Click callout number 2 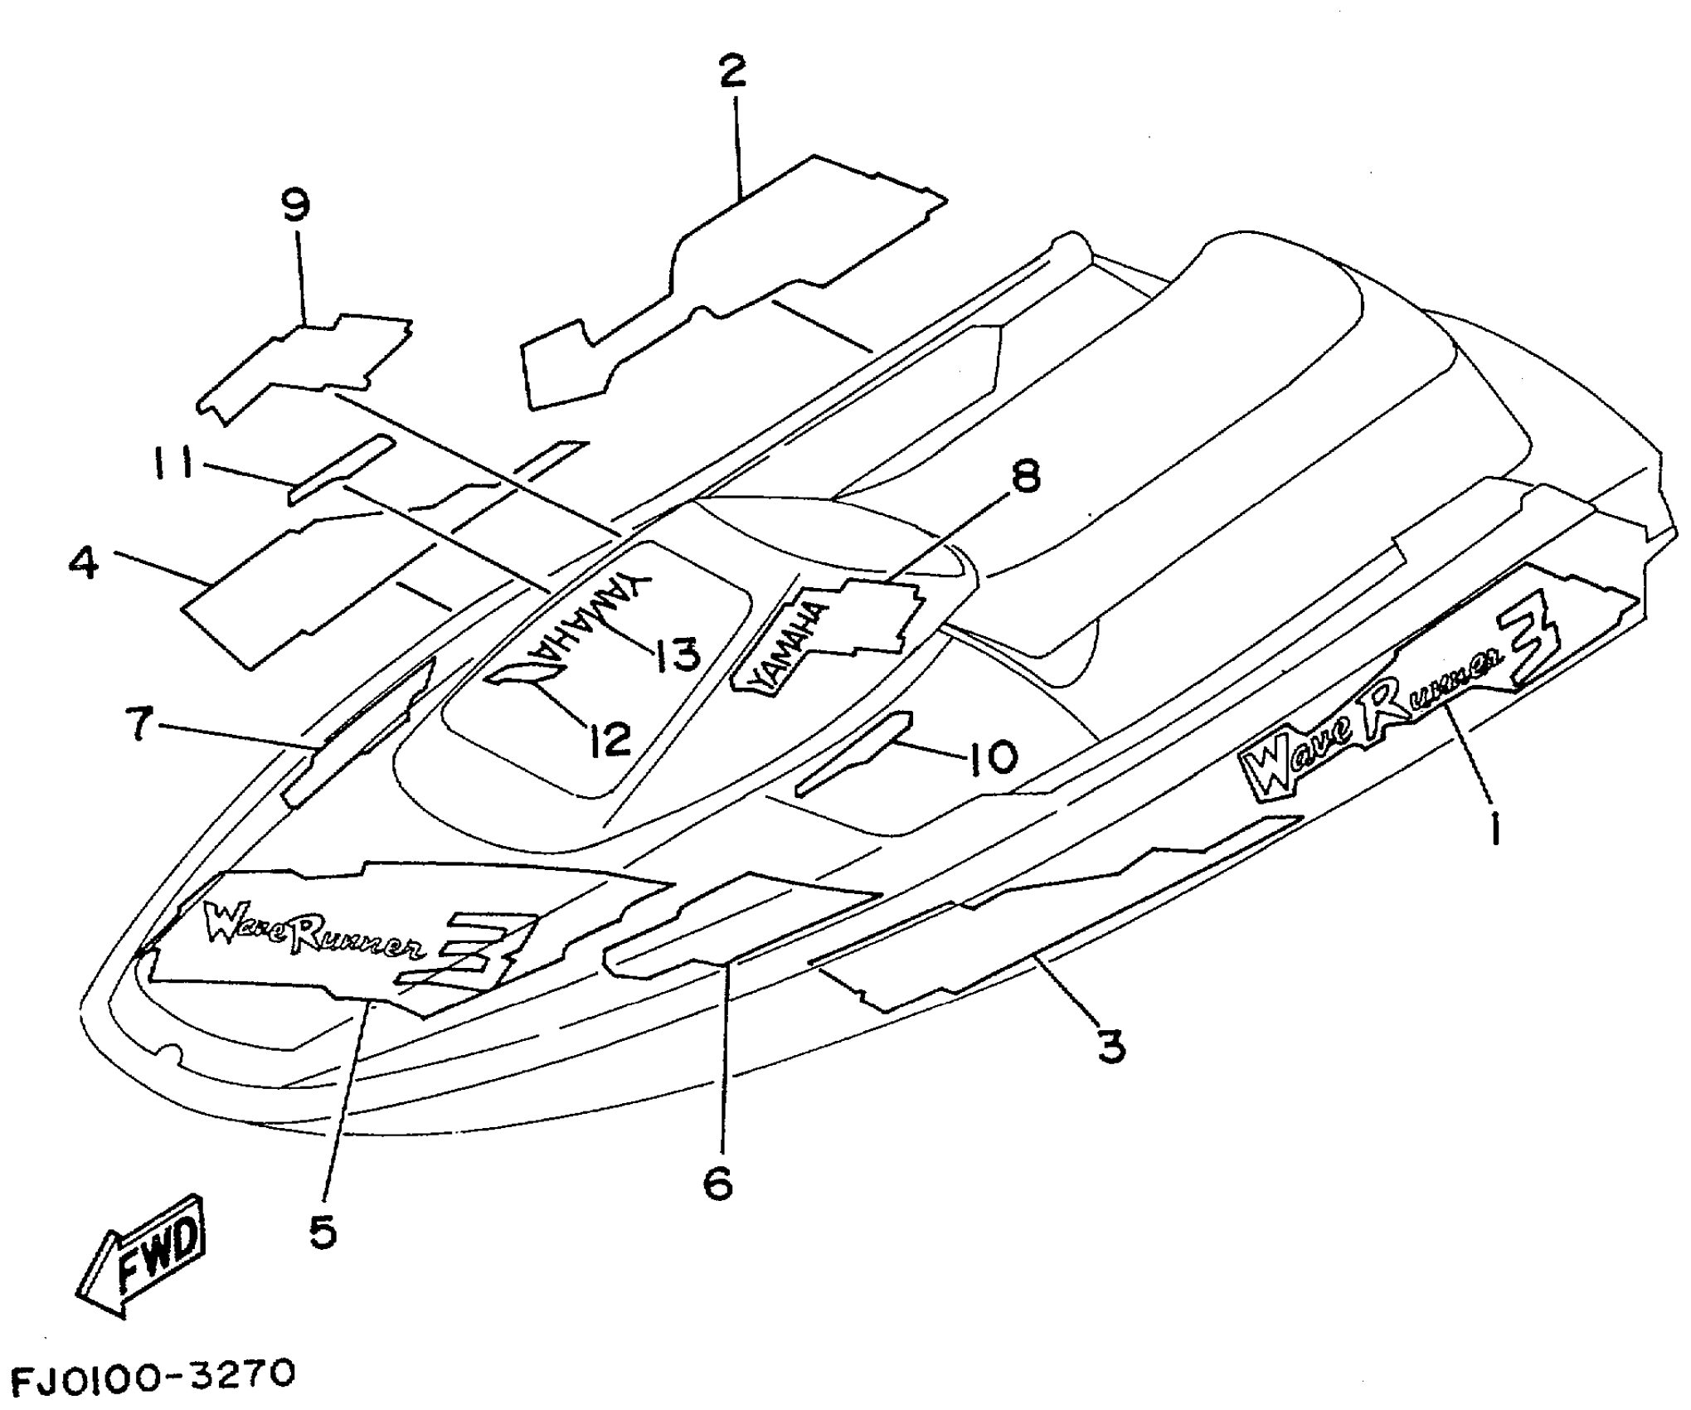tap(732, 71)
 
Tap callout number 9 tap(296, 205)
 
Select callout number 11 tap(173, 463)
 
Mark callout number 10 tap(992, 756)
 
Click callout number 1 tap(1494, 829)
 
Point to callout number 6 tap(718, 1183)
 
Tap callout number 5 tap(323, 1233)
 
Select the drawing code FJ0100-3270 tap(153, 1375)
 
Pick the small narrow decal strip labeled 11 tap(340, 469)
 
